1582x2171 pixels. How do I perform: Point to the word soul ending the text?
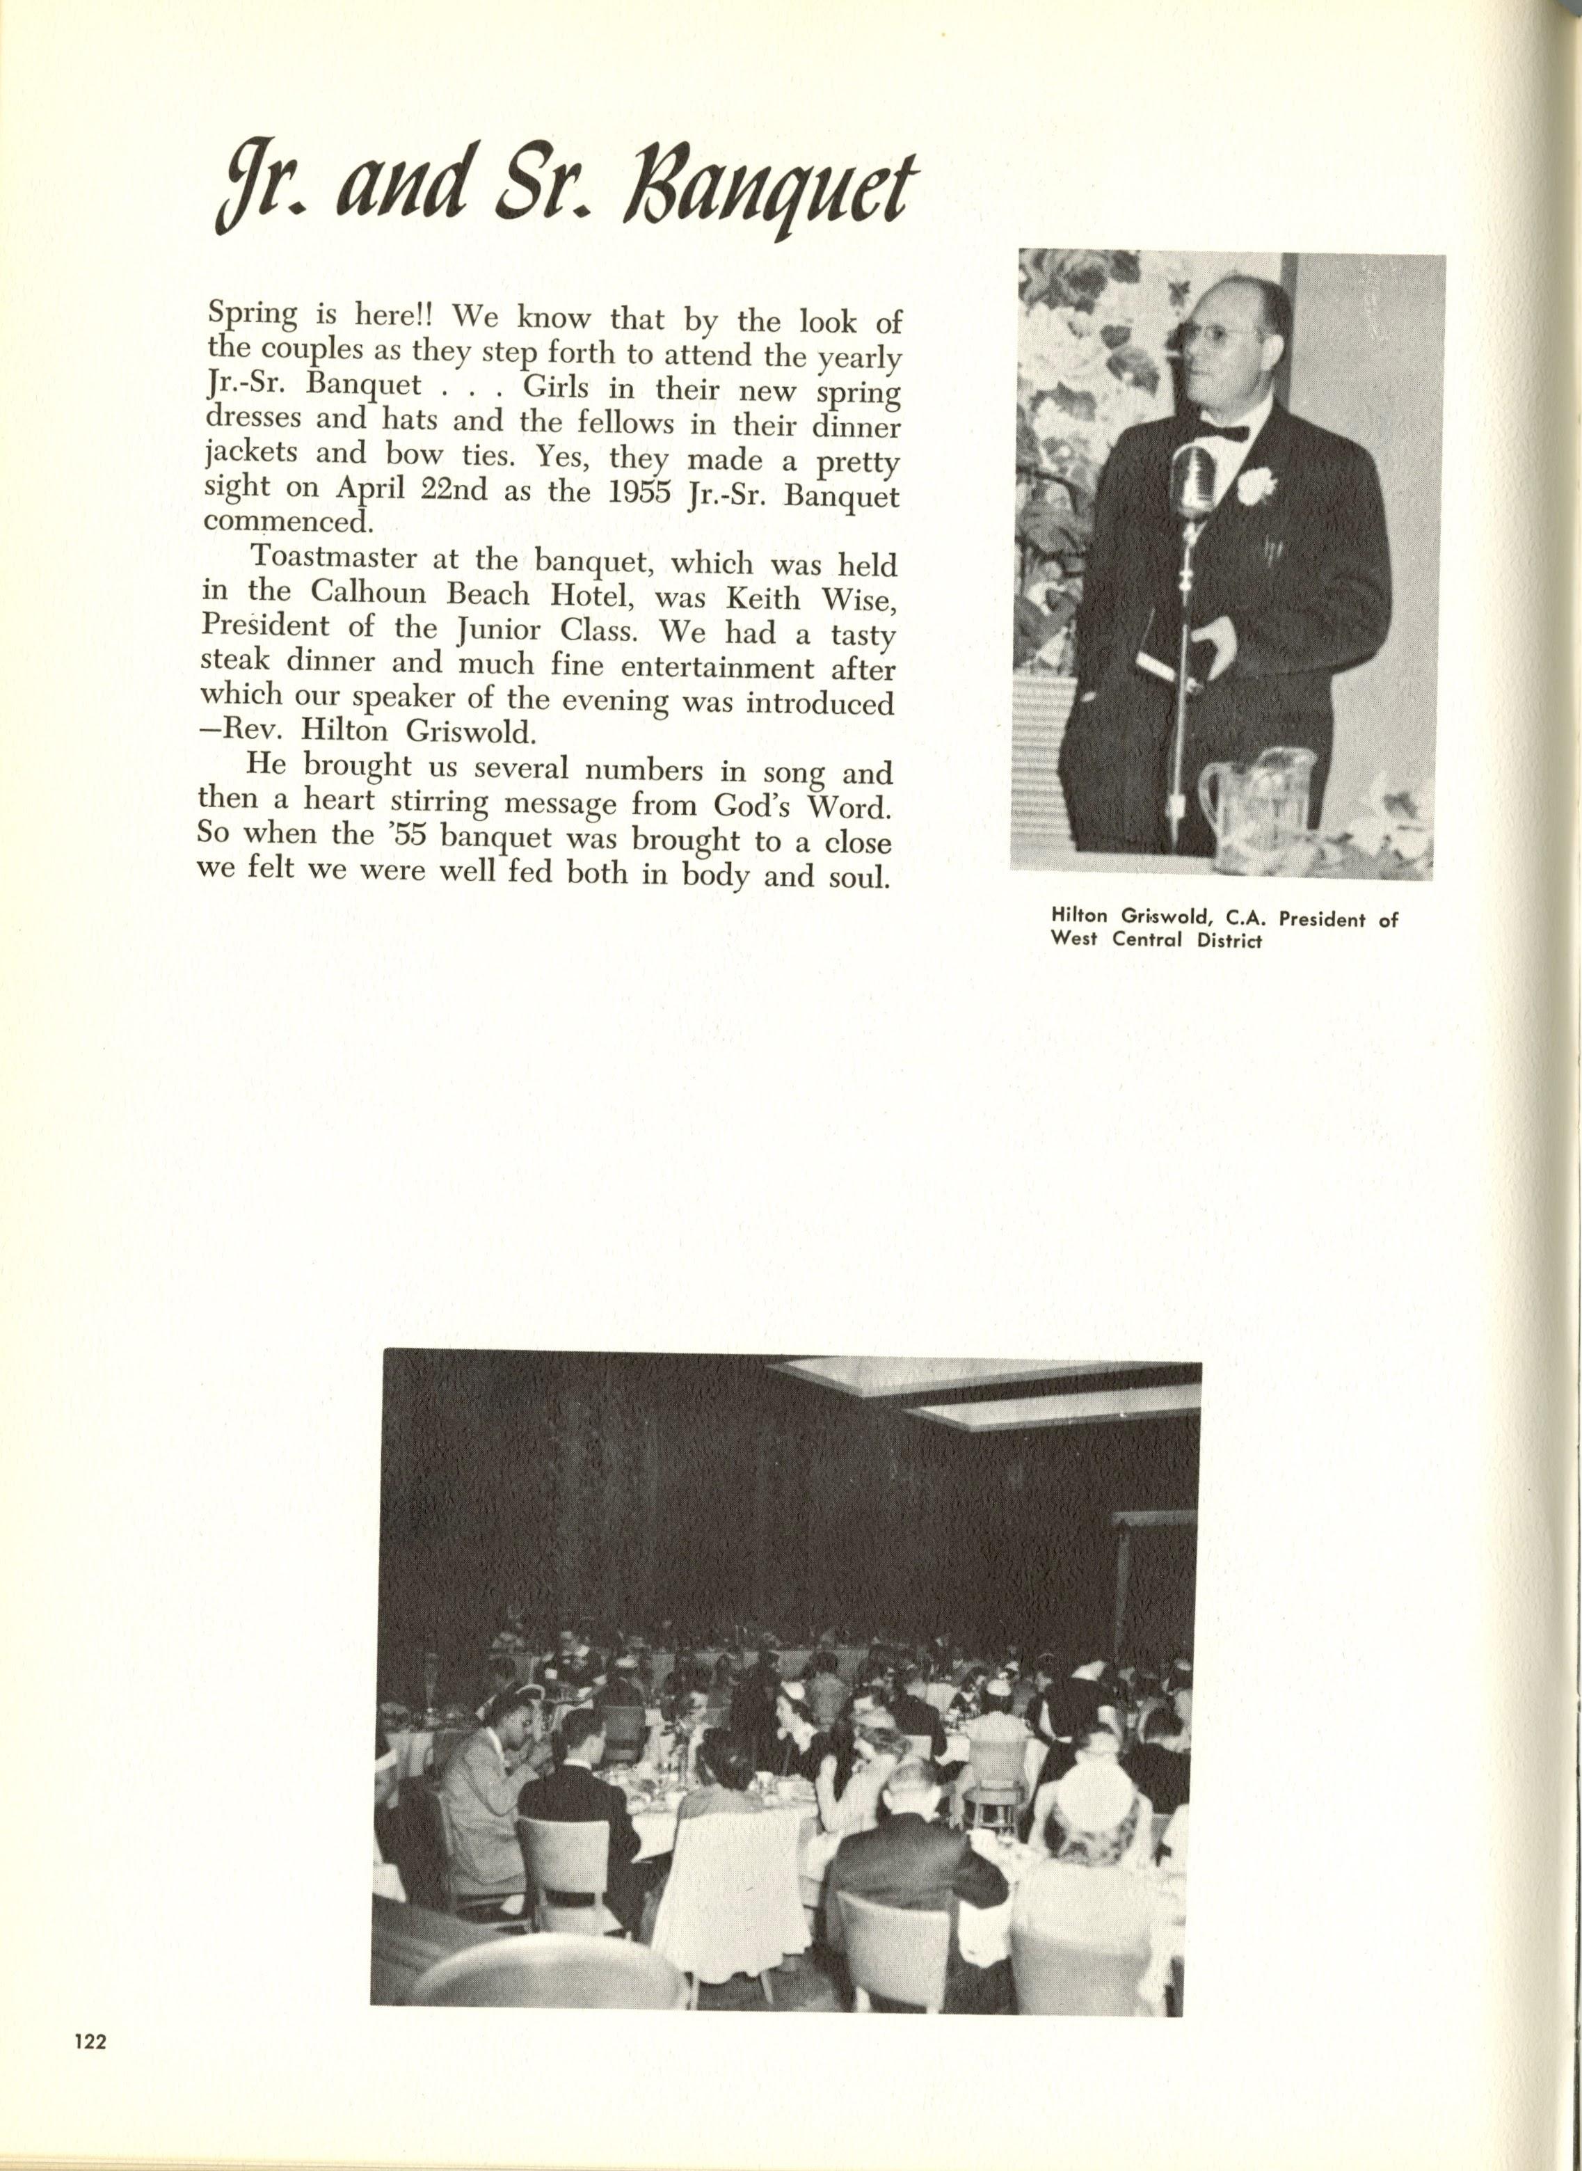tap(859, 876)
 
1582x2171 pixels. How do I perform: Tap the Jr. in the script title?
tap(259, 191)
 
